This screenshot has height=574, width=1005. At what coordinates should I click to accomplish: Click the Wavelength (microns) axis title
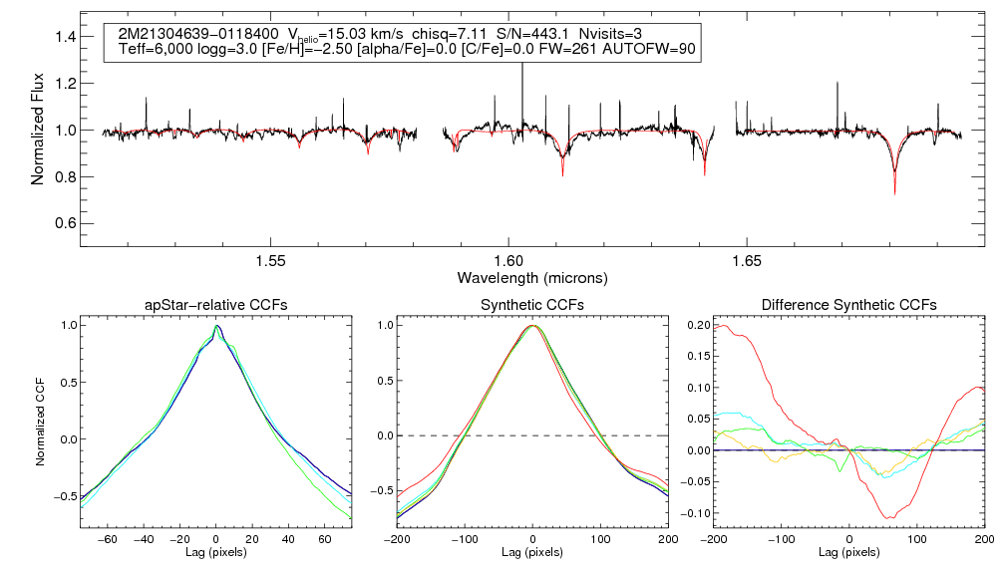532,277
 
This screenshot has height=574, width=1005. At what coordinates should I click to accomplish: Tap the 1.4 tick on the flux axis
65,37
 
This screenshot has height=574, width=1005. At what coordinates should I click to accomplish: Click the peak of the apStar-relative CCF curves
217,326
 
